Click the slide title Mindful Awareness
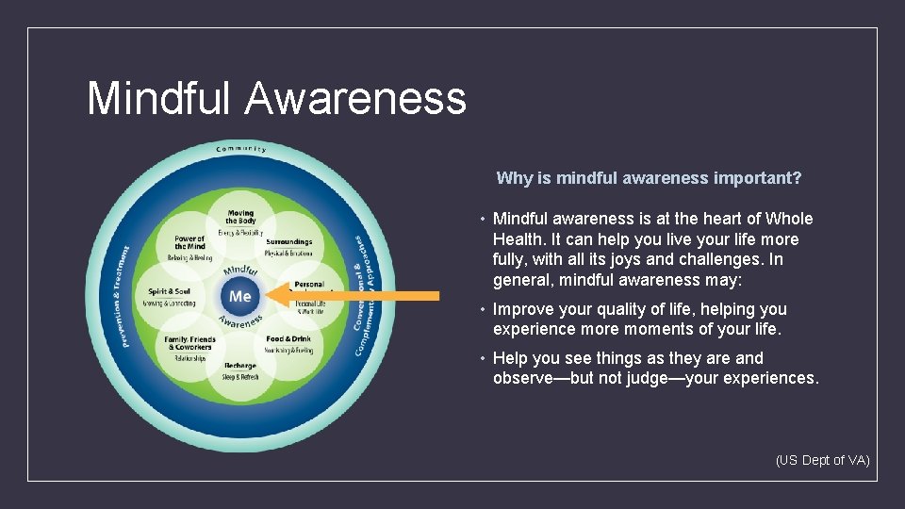276,98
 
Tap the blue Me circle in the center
240,296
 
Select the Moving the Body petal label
240,217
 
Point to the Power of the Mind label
189,243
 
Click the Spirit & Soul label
170,292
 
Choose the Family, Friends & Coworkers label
189,343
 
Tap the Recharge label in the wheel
240,366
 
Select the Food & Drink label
288,339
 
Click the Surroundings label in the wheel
288,242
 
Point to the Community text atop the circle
241,149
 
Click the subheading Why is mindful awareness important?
649,178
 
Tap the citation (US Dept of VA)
822,460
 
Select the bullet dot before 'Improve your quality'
482,310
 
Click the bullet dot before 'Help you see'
482,359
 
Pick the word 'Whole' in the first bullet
790,219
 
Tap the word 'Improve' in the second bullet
521,309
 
